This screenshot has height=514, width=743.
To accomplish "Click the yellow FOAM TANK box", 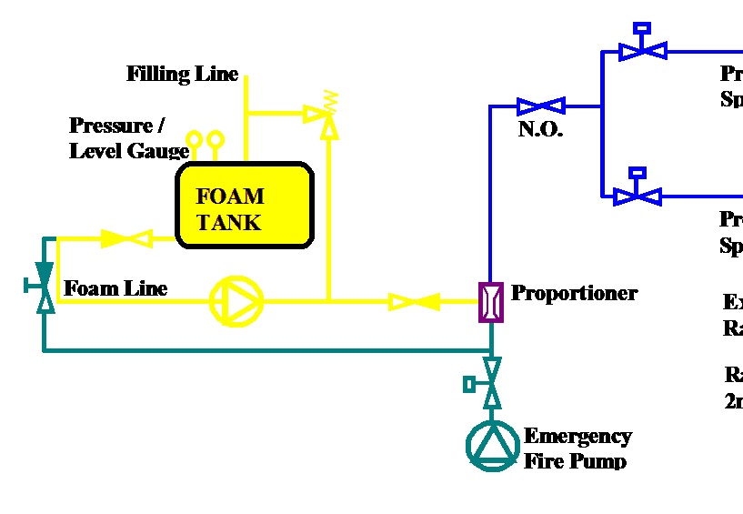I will tap(245, 206).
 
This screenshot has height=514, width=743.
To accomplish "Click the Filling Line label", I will tap(183, 75).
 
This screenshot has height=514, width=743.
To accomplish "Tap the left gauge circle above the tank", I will tap(195, 139).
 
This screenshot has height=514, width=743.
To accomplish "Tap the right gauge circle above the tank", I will tap(216, 139).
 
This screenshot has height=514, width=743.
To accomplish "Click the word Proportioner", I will tap(574, 293).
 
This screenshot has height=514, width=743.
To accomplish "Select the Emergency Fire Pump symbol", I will tap(492, 444).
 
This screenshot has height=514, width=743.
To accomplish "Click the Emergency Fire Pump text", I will tap(577, 448).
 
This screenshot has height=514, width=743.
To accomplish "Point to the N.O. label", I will tap(540, 129).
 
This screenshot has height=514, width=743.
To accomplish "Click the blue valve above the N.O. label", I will tap(541, 106).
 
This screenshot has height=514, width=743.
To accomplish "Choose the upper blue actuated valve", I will tap(642, 50).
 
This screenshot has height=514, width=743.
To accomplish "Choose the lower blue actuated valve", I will tap(638, 194).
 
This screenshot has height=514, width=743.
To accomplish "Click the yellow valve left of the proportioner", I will tap(414, 300).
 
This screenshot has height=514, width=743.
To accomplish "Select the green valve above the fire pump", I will tap(491, 382).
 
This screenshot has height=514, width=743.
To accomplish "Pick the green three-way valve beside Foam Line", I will tap(44, 287).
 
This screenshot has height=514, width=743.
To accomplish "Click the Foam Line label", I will tap(115, 288).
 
